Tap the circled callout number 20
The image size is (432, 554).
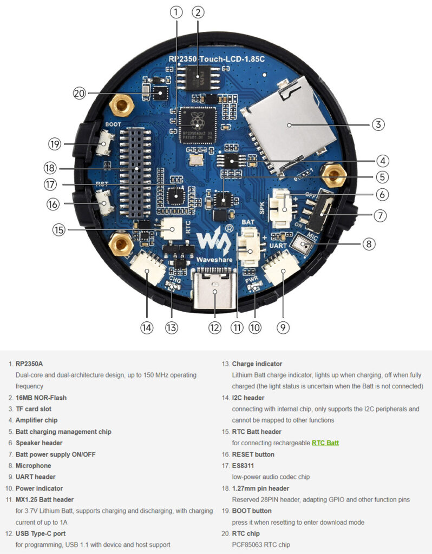pyautogui.click(x=80, y=93)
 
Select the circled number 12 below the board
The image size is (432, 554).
pyautogui.click(x=215, y=327)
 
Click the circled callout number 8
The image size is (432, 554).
pyautogui.click(x=369, y=244)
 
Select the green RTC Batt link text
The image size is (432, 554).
pyautogui.click(x=325, y=443)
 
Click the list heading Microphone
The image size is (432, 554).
pyautogui.click(x=34, y=465)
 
